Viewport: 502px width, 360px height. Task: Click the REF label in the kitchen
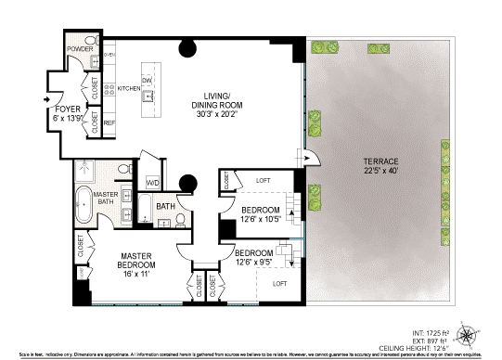click(x=109, y=122)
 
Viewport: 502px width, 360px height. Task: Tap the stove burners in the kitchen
click(x=109, y=90)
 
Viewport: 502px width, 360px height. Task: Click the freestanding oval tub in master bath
click(x=83, y=204)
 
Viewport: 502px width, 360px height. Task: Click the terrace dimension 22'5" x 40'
click(x=380, y=173)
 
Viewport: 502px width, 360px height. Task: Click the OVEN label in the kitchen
click(x=108, y=54)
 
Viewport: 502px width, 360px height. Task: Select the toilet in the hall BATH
click(x=179, y=220)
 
